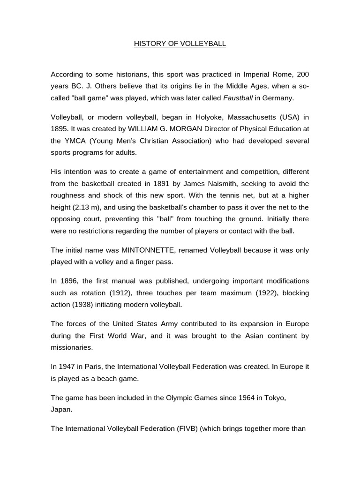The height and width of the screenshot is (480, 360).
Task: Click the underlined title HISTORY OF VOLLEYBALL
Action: (x=180, y=44)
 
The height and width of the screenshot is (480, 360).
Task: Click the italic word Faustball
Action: (x=239, y=97)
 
